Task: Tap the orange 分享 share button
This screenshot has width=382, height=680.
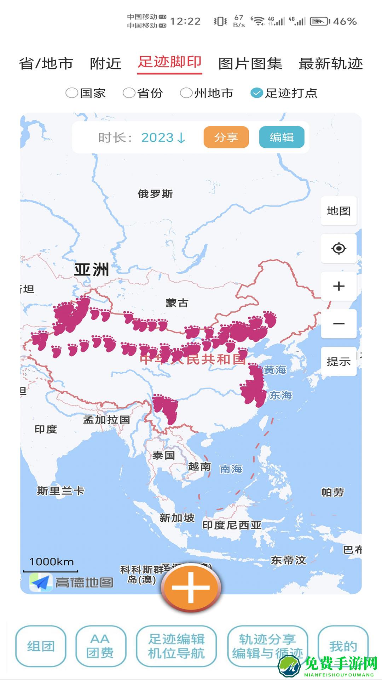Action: pyautogui.click(x=226, y=137)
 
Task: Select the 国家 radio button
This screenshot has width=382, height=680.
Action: pyautogui.click(x=72, y=93)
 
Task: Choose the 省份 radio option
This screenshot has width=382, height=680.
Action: pyautogui.click(x=129, y=93)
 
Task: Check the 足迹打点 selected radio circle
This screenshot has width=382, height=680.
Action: pyautogui.click(x=256, y=93)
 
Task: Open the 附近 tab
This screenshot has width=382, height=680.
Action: pyautogui.click(x=105, y=64)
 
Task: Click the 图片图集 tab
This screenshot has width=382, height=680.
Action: pyautogui.click(x=250, y=64)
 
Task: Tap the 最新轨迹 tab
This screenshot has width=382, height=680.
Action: pyautogui.click(x=331, y=64)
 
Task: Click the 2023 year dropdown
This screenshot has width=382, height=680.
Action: pyautogui.click(x=163, y=137)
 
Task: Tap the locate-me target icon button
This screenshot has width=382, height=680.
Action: pyautogui.click(x=338, y=248)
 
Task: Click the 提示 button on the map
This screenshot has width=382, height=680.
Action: pyautogui.click(x=338, y=362)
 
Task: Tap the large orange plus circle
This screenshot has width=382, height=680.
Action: pyautogui.click(x=191, y=587)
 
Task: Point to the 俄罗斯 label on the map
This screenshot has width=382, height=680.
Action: pyautogui.click(x=155, y=194)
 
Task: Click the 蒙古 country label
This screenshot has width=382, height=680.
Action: pyautogui.click(x=177, y=303)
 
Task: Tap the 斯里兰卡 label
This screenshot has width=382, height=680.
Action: pyautogui.click(x=60, y=491)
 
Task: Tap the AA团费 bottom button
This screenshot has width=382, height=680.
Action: pyautogui.click(x=100, y=646)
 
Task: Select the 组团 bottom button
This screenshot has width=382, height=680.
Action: pyautogui.click(x=41, y=646)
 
